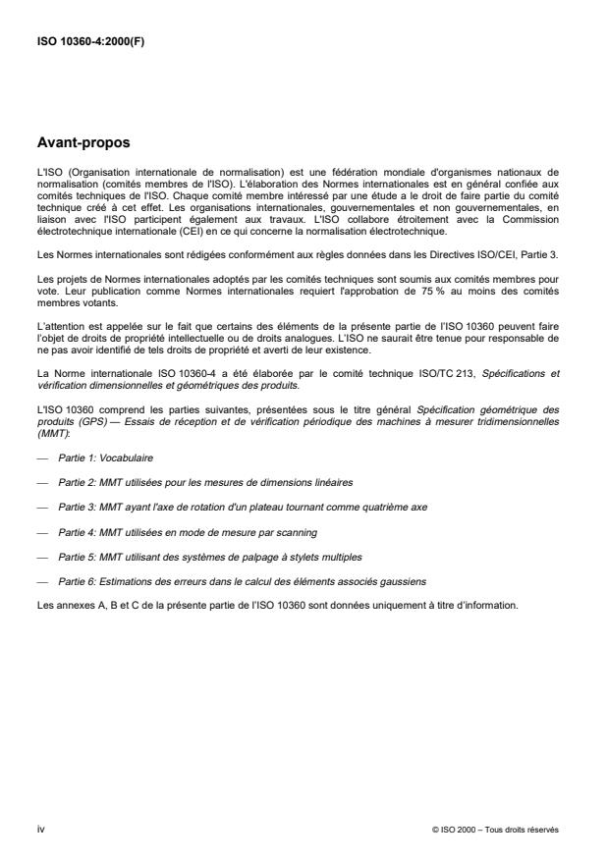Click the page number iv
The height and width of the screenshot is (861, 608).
click(40, 829)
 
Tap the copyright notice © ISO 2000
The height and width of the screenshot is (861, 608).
click(495, 830)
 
